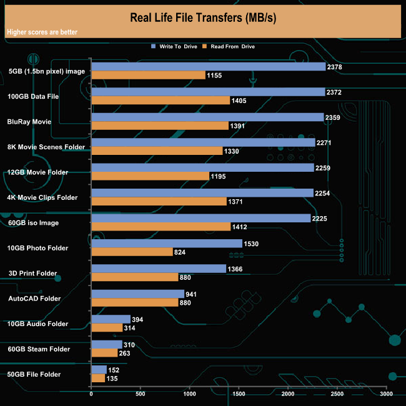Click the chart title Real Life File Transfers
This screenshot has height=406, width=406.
[x=202, y=16]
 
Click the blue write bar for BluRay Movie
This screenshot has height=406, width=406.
[x=207, y=117]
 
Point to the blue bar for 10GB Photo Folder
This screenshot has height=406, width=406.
[x=166, y=243]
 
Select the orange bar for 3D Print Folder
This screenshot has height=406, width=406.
[x=135, y=277]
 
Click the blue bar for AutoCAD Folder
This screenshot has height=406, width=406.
[x=137, y=294]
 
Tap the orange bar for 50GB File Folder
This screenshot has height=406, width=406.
[x=98, y=378]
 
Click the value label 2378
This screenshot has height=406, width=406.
[x=335, y=67]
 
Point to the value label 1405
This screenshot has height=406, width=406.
[x=240, y=100]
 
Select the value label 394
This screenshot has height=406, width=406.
[x=137, y=319]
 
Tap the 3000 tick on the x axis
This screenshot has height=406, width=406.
[x=386, y=395]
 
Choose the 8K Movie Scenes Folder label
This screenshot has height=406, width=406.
[x=45, y=147]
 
